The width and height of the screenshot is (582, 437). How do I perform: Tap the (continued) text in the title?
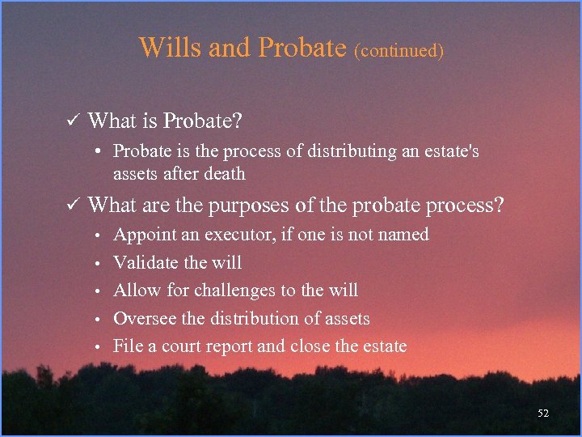[399, 50]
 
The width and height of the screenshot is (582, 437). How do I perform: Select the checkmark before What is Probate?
[70, 121]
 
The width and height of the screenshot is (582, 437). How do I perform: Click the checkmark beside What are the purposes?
[70, 205]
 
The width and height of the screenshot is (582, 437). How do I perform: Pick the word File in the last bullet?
[127, 346]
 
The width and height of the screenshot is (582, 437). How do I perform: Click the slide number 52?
[543, 414]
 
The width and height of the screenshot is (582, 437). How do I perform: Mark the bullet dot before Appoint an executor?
[96, 235]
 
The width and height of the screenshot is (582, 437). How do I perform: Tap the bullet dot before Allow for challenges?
[96, 291]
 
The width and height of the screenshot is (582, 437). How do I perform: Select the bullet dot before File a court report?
[96, 347]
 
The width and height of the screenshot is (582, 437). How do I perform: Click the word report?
[230, 347]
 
